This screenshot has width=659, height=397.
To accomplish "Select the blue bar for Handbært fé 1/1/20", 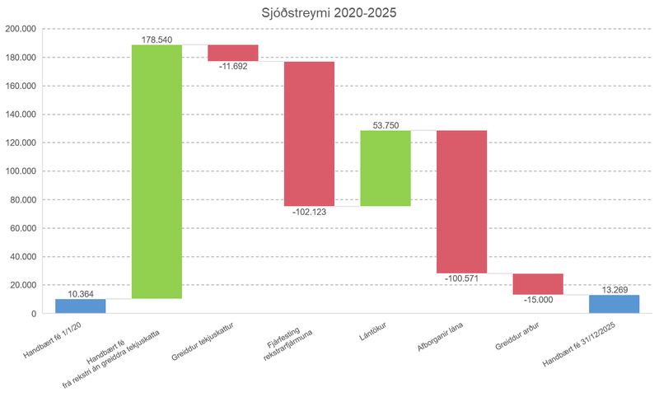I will (x=81, y=306).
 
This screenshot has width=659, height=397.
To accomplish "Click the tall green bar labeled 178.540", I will (x=157, y=171).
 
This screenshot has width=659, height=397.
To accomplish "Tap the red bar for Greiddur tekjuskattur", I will (x=233, y=53).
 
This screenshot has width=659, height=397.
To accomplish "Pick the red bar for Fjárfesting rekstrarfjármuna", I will (x=309, y=133).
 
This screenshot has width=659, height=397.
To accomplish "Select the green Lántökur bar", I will (x=386, y=168).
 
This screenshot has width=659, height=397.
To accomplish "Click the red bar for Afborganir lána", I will (x=461, y=202).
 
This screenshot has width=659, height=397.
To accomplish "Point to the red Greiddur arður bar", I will (x=538, y=283).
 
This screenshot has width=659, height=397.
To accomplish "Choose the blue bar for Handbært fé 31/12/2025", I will (x=614, y=304).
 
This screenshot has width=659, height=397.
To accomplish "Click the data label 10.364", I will (x=81, y=293).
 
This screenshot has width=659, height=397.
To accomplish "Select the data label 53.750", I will (x=386, y=124).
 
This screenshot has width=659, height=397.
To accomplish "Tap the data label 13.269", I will (x=614, y=289).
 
